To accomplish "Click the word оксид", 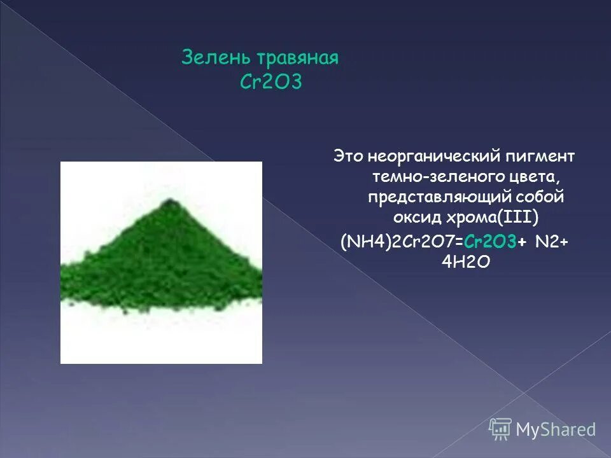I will (x=412, y=218).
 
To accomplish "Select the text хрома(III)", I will (x=493, y=218).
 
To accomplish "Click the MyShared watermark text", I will (x=556, y=430).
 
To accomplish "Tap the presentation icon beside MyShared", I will (x=501, y=429).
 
